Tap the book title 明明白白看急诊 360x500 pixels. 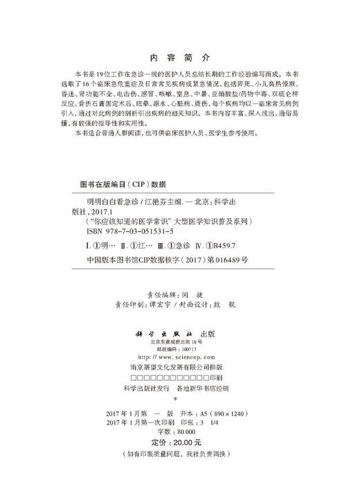(x=108, y=206)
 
